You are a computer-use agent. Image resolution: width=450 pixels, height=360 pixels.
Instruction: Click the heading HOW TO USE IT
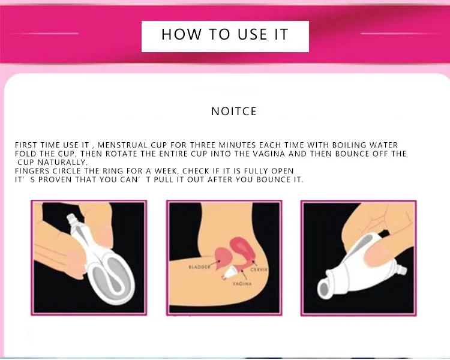(225, 34)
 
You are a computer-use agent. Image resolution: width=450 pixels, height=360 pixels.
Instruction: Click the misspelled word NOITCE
(234, 112)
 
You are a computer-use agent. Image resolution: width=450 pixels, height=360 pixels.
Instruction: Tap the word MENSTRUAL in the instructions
(122, 145)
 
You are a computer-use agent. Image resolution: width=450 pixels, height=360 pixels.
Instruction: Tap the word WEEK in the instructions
(166, 171)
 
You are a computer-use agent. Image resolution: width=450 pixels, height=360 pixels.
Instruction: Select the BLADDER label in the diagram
(199, 267)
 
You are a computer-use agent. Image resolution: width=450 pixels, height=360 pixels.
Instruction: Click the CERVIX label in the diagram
(259, 270)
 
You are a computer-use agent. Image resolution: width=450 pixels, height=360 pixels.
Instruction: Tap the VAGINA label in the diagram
(242, 284)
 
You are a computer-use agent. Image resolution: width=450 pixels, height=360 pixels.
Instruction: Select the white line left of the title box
(50, 34)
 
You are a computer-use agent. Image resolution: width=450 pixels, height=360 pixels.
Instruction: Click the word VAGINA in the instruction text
(269, 154)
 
